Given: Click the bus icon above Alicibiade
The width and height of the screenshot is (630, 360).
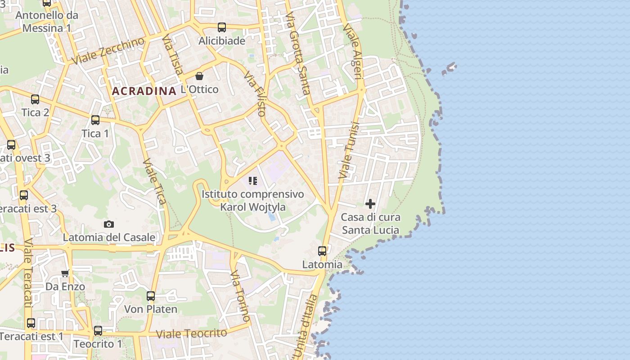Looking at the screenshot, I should [222, 27].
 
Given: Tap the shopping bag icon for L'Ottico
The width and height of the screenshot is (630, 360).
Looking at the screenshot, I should [199, 76].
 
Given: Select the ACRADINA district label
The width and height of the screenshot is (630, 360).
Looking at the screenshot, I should [144, 91].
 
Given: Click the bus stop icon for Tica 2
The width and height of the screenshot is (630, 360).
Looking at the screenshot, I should [35, 99].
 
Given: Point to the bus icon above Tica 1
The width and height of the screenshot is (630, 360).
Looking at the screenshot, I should [95, 120].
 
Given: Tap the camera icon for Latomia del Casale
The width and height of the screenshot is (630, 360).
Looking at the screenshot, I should [109, 224].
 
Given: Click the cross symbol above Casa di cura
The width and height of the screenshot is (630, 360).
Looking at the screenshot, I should [370, 204].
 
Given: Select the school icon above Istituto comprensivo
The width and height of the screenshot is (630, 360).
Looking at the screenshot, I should [253, 181].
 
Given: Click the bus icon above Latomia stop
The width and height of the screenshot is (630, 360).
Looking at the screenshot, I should [322, 251].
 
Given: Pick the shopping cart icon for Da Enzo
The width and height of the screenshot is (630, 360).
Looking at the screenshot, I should [65, 273].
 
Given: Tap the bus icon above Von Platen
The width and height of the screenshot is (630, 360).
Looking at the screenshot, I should [151, 296].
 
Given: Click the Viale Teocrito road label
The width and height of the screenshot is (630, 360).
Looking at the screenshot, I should [192, 333].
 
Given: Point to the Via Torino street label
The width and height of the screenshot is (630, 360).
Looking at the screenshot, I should [240, 296].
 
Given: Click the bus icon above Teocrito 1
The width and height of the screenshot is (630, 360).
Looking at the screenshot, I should [98, 331].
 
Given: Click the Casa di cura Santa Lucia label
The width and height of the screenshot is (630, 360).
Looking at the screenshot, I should [370, 224].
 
